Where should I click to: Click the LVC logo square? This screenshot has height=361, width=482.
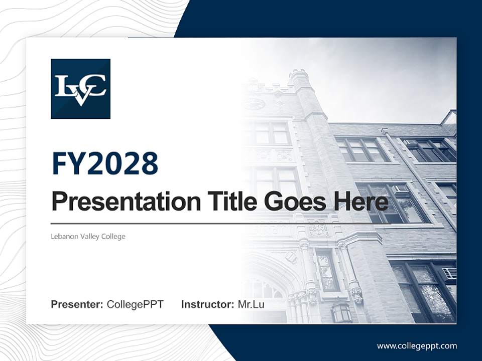click(x=80, y=89)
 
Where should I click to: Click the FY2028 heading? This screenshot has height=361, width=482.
click(x=105, y=163)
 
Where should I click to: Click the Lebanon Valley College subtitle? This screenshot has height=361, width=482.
click(x=88, y=236)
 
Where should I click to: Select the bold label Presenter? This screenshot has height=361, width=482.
click(x=77, y=304)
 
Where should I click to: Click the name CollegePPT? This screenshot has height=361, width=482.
click(x=135, y=304)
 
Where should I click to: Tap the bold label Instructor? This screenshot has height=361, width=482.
click(x=207, y=304)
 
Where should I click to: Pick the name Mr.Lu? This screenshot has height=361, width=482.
click(x=251, y=304)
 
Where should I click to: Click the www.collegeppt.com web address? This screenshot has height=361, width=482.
click(x=417, y=345)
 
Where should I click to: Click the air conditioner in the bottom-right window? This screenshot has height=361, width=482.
click(x=449, y=273)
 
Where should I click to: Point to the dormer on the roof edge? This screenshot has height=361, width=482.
click(x=449, y=117)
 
